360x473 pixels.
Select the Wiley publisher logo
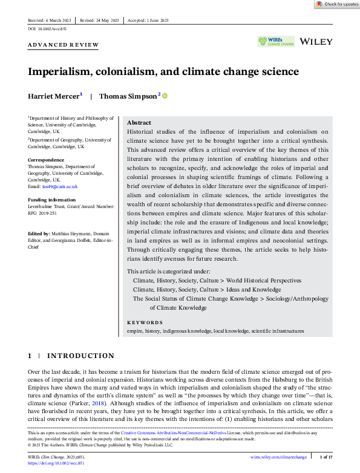(x=316, y=41)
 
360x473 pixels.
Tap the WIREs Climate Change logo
(x=276, y=41)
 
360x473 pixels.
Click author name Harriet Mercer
(x=53, y=96)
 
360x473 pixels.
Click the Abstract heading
(x=139, y=122)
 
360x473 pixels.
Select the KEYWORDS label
(x=145, y=322)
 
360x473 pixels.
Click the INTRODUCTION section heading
(x=80, y=356)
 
